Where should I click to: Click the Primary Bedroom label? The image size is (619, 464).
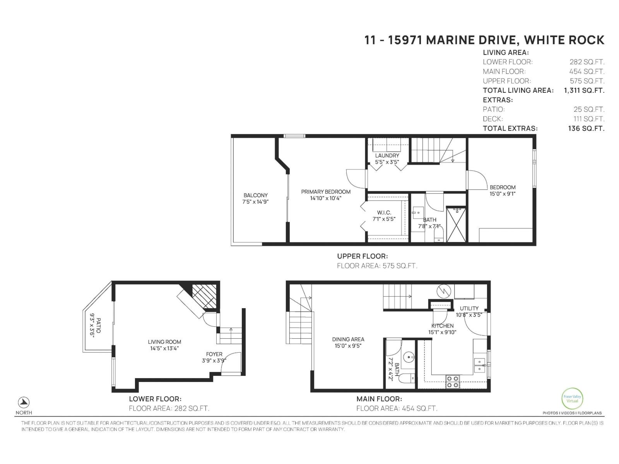pos(326,192)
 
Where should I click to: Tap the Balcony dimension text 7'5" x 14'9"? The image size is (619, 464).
pos(255,202)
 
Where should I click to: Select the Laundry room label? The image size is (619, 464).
pos(387,155)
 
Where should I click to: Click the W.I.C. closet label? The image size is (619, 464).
pos(384,213)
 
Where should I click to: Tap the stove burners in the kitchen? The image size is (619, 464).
pos(453,382)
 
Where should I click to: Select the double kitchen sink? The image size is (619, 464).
pos(480,365)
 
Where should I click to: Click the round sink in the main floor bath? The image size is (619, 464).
pos(407,357)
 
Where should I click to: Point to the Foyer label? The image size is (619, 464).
pos(214,354)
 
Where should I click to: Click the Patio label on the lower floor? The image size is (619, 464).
pos(98,326)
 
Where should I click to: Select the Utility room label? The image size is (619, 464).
pos(469,308)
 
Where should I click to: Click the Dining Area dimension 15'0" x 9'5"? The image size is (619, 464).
pos(348,346)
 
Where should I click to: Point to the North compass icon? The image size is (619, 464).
pos(24,402)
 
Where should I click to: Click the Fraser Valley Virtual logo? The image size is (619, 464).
pos(572,398)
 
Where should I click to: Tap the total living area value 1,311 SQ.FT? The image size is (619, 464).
pos(584,90)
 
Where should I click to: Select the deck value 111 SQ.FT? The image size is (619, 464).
pos(588,119)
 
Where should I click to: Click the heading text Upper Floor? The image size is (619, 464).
pos(362,256)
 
